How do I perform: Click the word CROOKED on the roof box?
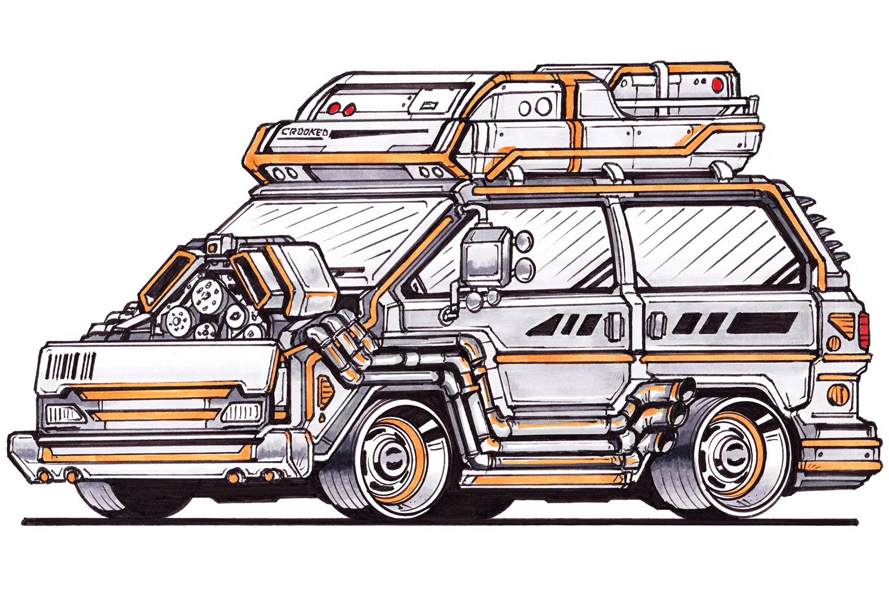point(305,132)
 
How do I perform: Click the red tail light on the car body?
point(864,330)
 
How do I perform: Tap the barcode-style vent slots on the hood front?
point(70,365)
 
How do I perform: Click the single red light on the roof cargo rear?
point(717,84)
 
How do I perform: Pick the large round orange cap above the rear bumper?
point(839,394)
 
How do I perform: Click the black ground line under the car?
point(440,522)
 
